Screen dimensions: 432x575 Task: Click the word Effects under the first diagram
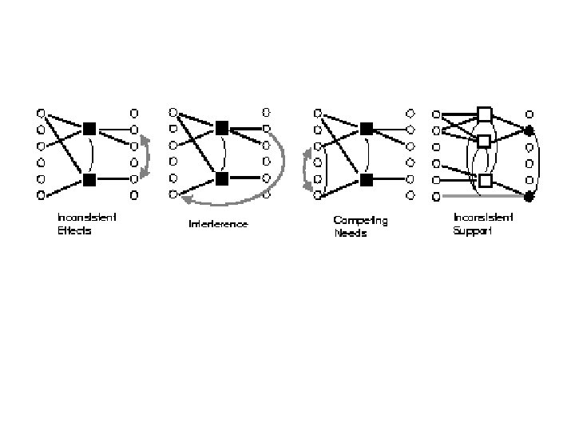tap(74, 230)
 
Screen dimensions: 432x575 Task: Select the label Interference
tap(218, 224)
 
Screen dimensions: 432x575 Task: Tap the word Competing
tap(360, 220)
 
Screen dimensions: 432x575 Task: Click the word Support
tap(472, 230)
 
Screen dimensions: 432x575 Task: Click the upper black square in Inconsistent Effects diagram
tap(89, 128)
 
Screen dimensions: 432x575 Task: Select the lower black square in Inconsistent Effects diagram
tap(89, 178)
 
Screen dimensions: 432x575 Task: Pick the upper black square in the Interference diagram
tap(222, 127)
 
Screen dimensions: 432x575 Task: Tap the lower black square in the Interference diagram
tap(222, 177)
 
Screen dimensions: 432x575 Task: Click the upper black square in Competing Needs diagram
tap(366, 128)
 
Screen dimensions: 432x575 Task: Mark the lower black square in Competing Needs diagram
tap(366, 178)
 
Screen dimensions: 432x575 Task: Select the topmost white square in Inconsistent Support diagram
tap(484, 114)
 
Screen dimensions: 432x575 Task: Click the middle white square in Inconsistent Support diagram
tap(483, 142)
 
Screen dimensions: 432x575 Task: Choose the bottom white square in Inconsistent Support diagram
tap(484, 180)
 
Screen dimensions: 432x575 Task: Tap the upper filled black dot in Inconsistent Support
tap(528, 130)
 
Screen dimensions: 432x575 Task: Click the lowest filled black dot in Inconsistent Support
tap(528, 195)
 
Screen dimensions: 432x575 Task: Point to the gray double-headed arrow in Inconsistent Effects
tap(145, 157)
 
